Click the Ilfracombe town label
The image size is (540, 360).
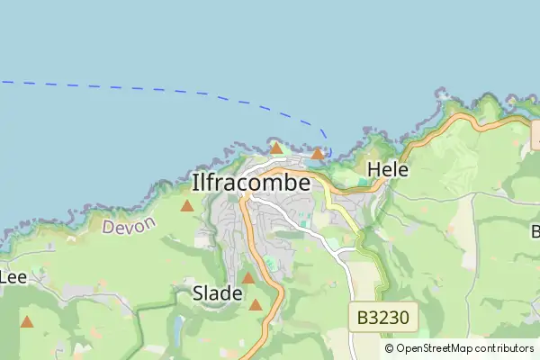(251, 183)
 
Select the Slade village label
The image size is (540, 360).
(217, 292)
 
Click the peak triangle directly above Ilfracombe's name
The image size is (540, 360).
(276, 148)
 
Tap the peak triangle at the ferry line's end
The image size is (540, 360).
(318, 154)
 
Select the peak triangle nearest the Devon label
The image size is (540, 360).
(187, 206)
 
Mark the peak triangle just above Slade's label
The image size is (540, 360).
(247, 278)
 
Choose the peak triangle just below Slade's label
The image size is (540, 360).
(256, 305)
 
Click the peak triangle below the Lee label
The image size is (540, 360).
(27, 321)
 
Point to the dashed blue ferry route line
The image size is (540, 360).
(180, 93)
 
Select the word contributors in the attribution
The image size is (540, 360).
(505, 348)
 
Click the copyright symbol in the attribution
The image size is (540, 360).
(389, 348)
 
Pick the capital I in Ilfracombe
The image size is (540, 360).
(195, 183)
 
